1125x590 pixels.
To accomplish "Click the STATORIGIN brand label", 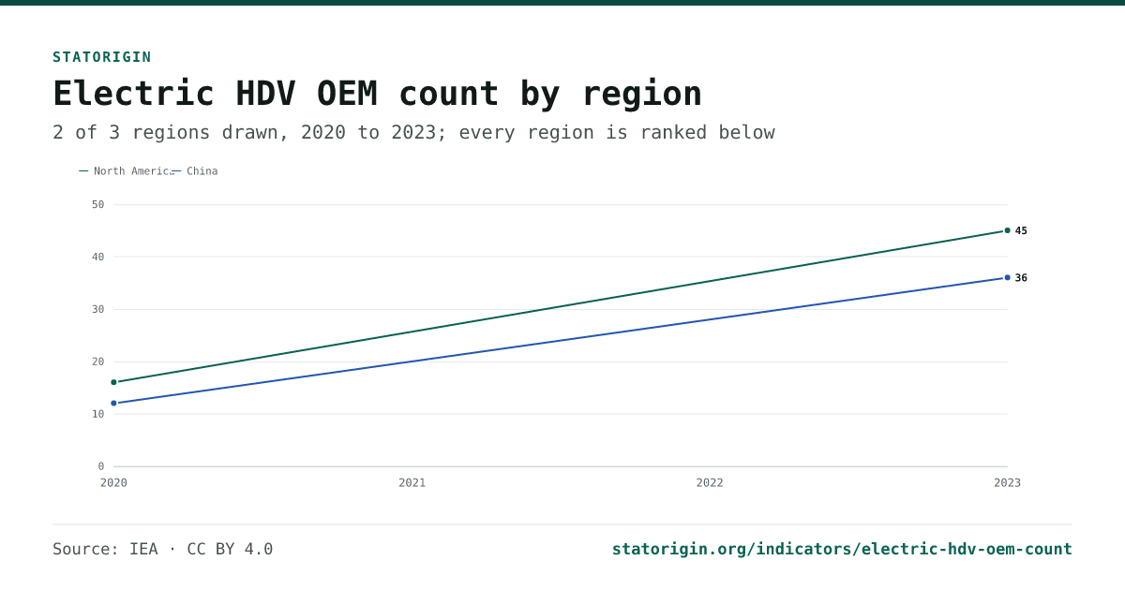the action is tap(102, 57).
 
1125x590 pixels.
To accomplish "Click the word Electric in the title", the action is tap(133, 94).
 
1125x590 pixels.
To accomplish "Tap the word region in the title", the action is tap(642, 96).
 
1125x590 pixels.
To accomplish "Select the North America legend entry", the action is tap(127, 171).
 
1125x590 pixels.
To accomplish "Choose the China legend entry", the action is tap(195, 171).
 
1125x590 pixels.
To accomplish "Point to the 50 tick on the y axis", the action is tap(97, 205).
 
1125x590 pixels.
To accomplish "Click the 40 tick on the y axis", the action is tap(97, 257).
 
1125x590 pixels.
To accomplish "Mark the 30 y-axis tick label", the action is tap(97, 310).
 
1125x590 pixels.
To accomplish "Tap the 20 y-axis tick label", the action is tap(97, 361).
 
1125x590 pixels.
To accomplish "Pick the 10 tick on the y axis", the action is tap(97, 414).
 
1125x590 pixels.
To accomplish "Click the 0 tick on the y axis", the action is tap(101, 466).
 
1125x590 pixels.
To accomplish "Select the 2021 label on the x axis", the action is tap(412, 483).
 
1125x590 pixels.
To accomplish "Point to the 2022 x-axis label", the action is tap(710, 483).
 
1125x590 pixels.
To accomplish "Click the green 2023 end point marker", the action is tap(1008, 230).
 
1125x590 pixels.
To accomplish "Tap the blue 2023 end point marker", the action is tap(1008, 278).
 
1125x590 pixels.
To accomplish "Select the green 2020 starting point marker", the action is tap(114, 382).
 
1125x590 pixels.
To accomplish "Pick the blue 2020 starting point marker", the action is tap(114, 404).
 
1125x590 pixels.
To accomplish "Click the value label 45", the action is tap(1021, 230).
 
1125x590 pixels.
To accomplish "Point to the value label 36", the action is tap(1021, 278).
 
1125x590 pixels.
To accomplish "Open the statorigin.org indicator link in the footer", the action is tap(842, 550).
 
